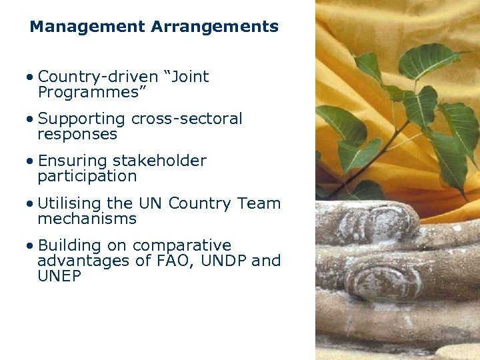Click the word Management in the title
coord(87,27)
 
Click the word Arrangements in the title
coord(215,27)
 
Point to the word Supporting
coord(81,119)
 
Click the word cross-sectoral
coord(187,119)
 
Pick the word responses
coord(77,134)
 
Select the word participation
coord(87,177)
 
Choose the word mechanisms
coord(87,219)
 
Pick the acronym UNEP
coord(59,276)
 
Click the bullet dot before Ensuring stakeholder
coord(31,161)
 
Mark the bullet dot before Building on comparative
coord(31,246)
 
